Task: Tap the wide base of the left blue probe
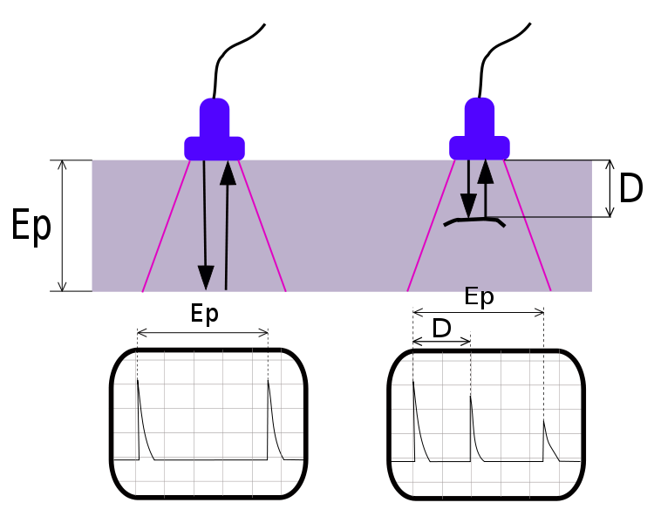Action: pos(215,148)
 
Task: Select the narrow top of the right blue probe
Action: pos(480,116)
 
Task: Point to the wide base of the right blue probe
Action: pos(480,148)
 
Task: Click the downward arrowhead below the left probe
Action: pos(206,277)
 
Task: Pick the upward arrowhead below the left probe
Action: pos(228,173)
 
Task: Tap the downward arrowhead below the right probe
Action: pos(468,206)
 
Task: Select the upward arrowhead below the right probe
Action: pos(486,172)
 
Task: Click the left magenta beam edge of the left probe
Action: pos(166,227)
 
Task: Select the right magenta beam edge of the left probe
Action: pos(262,227)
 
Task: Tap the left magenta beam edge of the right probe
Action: pos(431,227)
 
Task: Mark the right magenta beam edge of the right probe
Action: pos(527,227)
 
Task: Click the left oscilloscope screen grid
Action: pos(208,423)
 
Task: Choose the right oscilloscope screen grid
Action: pos(485,423)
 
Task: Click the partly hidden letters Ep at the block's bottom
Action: pos(478,289)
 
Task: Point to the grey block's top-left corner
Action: pos(92,160)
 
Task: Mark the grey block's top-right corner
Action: pos(591,160)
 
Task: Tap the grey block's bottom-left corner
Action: pos(92,290)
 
